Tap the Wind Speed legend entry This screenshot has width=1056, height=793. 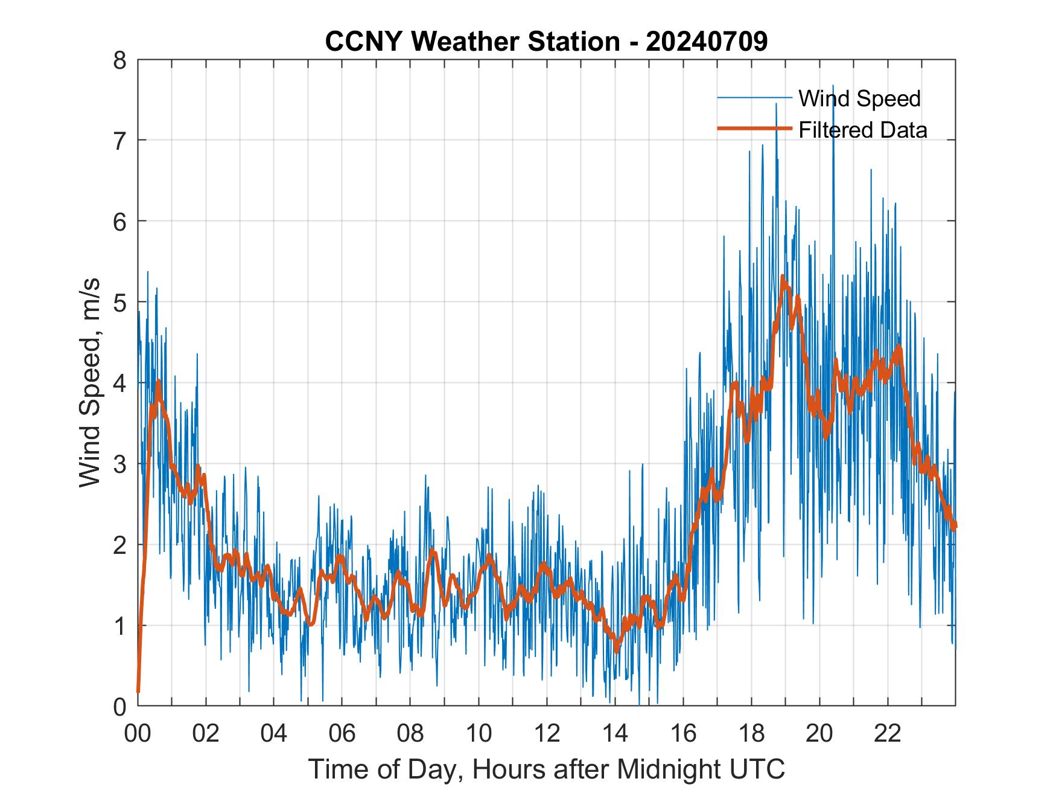click(x=859, y=98)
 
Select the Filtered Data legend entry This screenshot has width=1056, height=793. click(x=862, y=130)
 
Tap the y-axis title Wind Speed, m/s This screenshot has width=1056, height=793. click(x=89, y=383)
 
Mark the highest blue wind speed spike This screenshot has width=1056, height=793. click(x=833, y=86)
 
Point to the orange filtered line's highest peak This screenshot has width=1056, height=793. click(x=783, y=277)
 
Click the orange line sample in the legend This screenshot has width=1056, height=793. click(x=754, y=129)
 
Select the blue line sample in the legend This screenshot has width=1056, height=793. click(x=754, y=98)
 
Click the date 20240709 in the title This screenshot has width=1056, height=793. click(x=707, y=41)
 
